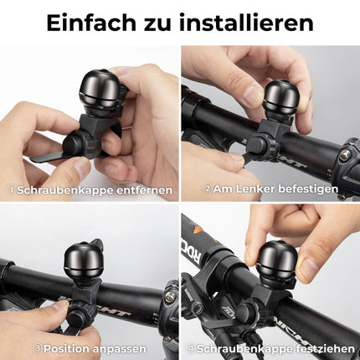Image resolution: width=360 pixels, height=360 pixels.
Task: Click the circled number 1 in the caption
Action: coord(10,190)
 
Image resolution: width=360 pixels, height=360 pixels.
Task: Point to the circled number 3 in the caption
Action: coord(38,347)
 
